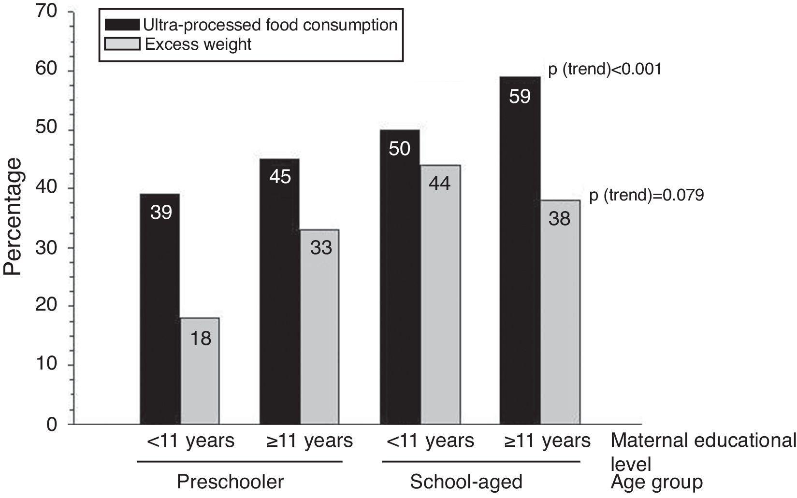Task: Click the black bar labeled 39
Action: tap(160, 309)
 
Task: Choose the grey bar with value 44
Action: tap(440, 295)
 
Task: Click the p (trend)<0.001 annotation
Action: tap(604, 70)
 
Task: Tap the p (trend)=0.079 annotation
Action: tap(647, 196)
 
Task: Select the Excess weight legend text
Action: tap(198, 44)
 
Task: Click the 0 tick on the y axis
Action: tap(52, 425)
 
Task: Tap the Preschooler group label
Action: tap(230, 482)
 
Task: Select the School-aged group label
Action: tap(466, 482)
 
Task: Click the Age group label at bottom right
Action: tap(656, 482)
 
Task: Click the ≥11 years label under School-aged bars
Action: tap(547, 441)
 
